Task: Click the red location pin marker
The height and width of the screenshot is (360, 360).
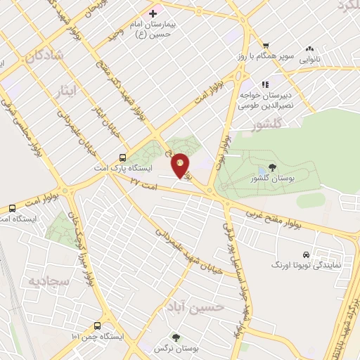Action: tap(181, 166)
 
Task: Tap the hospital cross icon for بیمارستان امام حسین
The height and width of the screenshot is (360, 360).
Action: tap(153, 13)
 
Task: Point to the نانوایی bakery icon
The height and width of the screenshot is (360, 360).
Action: tap(309, 49)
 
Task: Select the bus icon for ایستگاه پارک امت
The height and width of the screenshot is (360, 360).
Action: tap(123, 158)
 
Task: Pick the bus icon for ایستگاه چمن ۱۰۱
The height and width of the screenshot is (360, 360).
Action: tap(98, 326)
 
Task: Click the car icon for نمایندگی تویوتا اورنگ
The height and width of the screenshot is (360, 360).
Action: tap(305, 255)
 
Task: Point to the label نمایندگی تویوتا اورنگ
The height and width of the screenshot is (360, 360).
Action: tap(302, 266)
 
